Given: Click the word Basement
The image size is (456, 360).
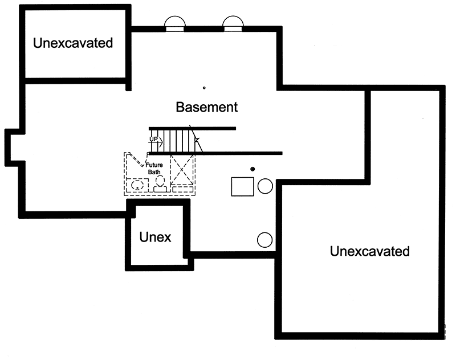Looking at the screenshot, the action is tap(207, 107).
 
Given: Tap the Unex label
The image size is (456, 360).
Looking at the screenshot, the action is tap(155, 237).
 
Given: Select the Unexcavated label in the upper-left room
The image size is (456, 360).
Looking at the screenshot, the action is tap(73, 43).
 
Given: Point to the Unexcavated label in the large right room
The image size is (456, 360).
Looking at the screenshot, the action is tap(369, 251).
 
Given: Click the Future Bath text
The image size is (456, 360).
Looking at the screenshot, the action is tap(154, 169).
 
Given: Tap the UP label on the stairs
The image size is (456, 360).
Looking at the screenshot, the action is tap(153, 139).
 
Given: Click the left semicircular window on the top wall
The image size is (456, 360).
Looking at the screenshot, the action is tap(175, 24).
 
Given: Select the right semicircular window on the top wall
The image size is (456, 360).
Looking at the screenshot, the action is tap(233, 24).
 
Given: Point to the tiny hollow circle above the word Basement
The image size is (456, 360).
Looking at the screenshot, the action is tap(204, 88).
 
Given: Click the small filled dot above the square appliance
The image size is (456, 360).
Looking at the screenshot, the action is tap(253, 169).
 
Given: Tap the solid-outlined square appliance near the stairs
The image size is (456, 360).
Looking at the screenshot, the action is tap(243, 186).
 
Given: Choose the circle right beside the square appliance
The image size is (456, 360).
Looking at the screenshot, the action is tap(265, 186).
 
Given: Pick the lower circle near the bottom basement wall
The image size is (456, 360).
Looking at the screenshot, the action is tap(265, 240).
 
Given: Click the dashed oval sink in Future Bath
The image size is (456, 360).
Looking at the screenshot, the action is tap(137, 185).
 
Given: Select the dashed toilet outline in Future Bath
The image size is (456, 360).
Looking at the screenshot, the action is tap(160, 184).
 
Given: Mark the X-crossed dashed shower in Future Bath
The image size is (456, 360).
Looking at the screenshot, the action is tap(182, 169).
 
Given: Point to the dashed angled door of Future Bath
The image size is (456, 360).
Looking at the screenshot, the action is tap(137, 159).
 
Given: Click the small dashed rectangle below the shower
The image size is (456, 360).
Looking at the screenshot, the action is tap(183, 190).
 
